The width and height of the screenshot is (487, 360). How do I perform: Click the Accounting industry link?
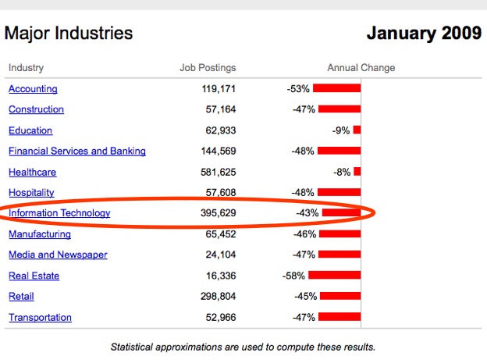pos(33,89)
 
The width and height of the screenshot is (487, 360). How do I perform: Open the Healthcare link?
pos(32,172)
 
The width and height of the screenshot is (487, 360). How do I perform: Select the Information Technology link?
pos(59,213)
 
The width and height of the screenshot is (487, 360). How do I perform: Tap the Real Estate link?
pos(34,276)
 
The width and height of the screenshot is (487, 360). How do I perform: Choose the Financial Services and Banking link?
pos(76,151)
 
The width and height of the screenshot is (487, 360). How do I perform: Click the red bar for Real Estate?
pos(335,276)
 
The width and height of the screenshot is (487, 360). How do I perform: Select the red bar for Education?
pos(357,130)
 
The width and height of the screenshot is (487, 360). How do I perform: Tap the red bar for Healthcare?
pos(357,172)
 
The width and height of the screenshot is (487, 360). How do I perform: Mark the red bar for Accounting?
pos(337,89)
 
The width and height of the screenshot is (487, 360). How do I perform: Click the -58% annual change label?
pos(294,276)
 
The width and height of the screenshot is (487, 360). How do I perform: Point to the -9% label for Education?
pos(341,130)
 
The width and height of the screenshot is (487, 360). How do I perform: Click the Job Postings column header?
pos(208,68)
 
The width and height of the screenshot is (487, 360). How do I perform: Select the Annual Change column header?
pos(361,68)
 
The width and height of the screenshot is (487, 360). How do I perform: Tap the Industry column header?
pos(26,68)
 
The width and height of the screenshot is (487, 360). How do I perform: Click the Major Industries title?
pos(69,34)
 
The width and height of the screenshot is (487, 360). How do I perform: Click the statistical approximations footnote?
pos(243,346)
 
